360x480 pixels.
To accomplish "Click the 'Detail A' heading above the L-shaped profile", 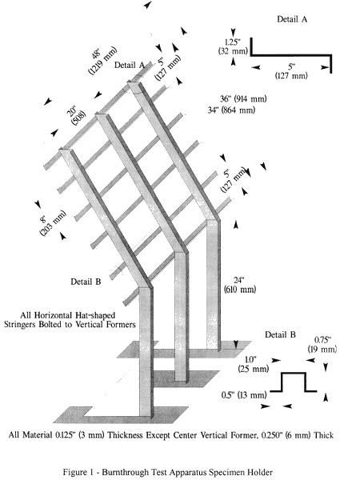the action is (x=292, y=19).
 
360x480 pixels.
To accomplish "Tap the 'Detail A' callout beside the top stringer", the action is (x=129, y=66).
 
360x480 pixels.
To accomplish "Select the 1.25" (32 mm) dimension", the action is (x=233, y=46).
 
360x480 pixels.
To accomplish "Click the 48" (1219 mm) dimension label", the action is (x=102, y=60).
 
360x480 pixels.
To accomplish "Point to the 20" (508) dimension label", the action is (x=76, y=114).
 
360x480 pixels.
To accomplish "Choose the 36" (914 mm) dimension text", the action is (x=243, y=99).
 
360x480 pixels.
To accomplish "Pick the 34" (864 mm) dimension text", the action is (x=231, y=110).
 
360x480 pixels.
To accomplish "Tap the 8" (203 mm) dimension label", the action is (x=51, y=222).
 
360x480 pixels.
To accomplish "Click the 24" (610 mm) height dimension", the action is (x=240, y=285).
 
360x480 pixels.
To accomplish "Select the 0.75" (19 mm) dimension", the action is (x=322, y=344).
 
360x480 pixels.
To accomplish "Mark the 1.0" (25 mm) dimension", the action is (x=254, y=364).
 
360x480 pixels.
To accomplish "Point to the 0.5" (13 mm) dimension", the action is (x=244, y=395).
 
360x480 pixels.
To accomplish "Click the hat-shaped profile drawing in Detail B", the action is (x=294, y=382).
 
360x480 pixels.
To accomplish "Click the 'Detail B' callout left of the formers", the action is (x=86, y=282).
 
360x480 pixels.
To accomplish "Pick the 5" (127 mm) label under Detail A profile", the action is (x=291, y=71).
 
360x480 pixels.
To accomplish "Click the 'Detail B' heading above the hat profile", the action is (x=280, y=334).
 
